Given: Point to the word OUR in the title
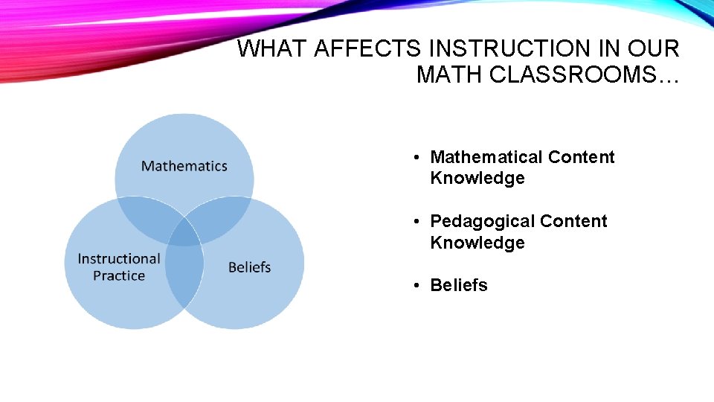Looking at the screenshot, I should coord(654,49).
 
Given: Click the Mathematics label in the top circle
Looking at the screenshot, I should coord(184,166).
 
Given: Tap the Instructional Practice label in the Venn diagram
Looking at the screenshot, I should coord(119,267).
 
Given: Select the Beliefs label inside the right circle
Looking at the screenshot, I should coord(249,267).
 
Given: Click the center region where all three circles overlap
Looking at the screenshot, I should coord(184,232).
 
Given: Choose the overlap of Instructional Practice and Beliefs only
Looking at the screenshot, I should coord(184,279).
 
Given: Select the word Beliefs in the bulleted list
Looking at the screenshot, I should coord(459,285).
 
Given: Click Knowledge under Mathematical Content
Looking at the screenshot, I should coord(477,178).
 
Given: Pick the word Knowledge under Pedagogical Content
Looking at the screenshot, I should coord(477,243).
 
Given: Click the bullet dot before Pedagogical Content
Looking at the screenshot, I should coord(419,222).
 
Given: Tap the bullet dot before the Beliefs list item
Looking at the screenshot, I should coord(419,286).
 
